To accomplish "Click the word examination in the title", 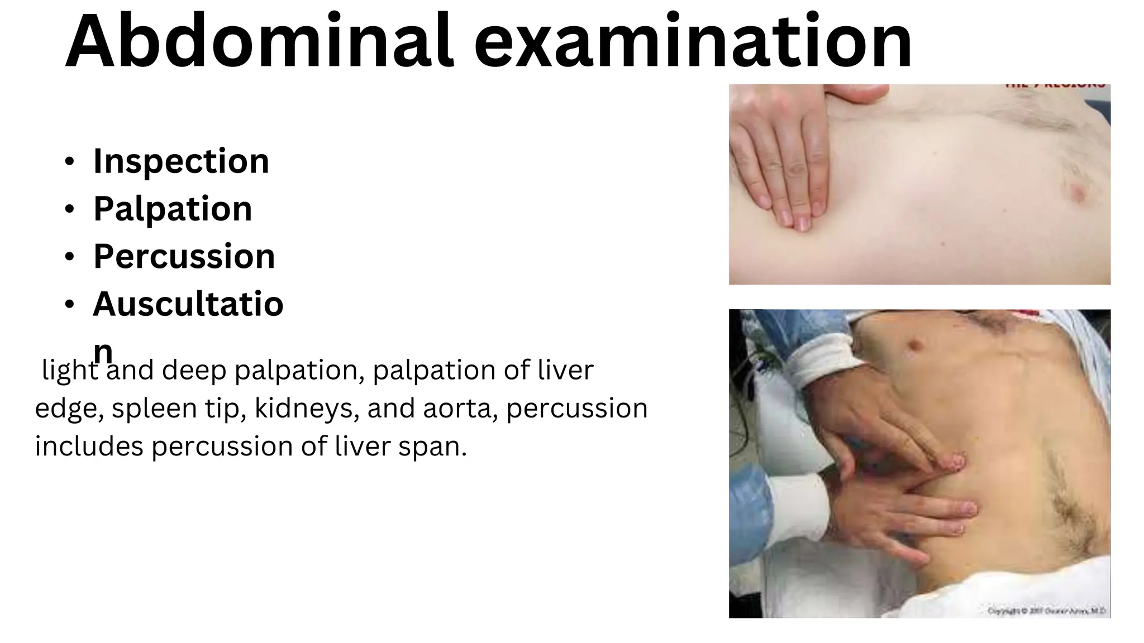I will [x=693, y=42].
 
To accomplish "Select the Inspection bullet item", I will [x=181, y=161].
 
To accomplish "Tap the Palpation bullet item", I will [x=173, y=209].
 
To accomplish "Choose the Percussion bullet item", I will [x=184, y=257].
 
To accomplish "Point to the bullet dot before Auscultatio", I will [x=69, y=305].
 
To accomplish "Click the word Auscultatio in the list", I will [x=188, y=304].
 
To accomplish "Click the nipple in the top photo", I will [x=1078, y=193].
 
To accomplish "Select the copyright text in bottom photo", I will [x=1046, y=611].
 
